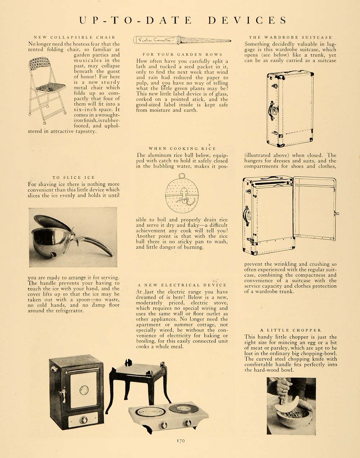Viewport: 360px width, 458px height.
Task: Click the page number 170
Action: click(x=181, y=440)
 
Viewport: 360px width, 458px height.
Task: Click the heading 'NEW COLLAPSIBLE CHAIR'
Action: click(x=75, y=37)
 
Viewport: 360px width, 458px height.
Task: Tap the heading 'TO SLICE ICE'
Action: click(x=73, y=177)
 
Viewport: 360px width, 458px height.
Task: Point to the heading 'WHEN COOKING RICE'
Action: click(x=182, y=148)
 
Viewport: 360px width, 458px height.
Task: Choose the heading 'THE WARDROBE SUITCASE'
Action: click(x=290, y=37)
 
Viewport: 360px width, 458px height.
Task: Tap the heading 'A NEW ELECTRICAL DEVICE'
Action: click(x=182, y=285)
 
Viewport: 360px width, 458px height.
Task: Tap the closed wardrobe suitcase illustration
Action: click(x=290, y=108)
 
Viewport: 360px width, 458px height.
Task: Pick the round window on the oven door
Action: click(x=84, y=390)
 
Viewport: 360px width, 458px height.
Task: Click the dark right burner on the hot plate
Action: click(x=184, y=409)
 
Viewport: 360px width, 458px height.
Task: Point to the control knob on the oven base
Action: click(x=84, y=419)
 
